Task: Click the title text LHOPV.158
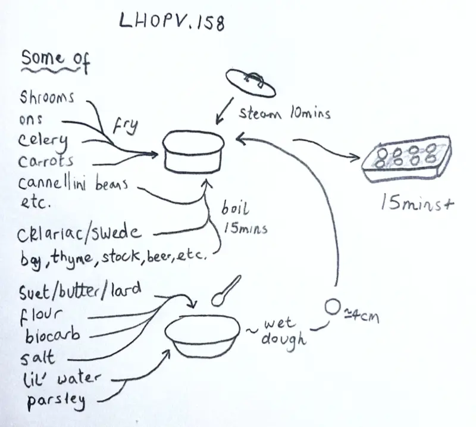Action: [173, 23]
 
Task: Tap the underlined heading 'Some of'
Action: [55, 60]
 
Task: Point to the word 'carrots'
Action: [47, 162]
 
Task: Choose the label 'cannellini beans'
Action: [73, 183]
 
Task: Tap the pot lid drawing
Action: [250, 82]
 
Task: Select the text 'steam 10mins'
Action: [284, 113]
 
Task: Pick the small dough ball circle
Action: [333, 307]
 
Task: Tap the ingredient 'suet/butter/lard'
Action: [80, 291]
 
